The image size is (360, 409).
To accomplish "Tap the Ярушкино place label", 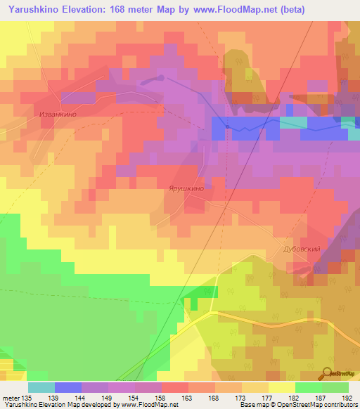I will (186, 188).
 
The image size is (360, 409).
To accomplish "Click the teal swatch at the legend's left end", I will (41, 387).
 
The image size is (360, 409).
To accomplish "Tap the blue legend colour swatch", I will (67, 387).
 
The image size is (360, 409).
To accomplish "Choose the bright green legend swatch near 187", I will (308, 387).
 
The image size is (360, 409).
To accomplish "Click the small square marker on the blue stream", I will (227, 126).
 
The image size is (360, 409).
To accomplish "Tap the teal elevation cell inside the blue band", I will (293, 122).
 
